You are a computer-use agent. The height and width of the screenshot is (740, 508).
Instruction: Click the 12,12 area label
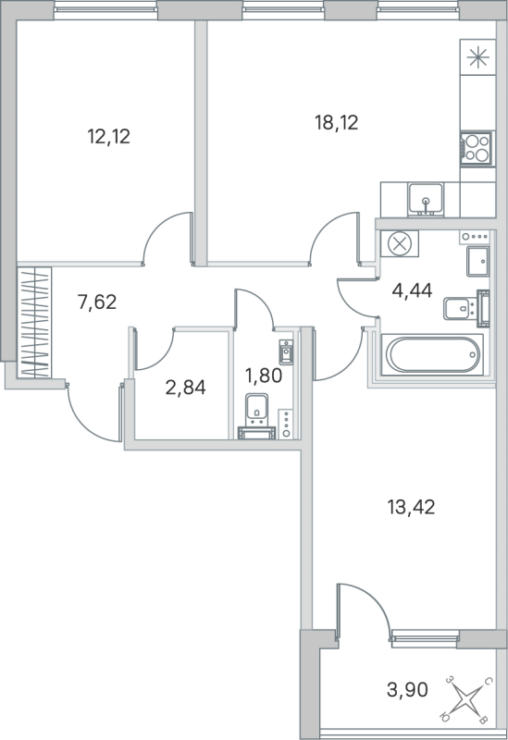[x=108, y=138]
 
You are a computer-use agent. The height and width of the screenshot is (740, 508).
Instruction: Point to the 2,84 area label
[x=184, y=386]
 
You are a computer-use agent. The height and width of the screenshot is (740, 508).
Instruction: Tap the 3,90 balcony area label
[x=408, y=689]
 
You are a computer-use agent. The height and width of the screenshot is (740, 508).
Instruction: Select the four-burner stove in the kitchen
[x=475, y=148]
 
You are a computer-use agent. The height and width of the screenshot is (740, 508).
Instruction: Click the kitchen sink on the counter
[x=427, y=197]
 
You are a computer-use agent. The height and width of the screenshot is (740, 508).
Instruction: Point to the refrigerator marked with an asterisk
[x=477, y=57]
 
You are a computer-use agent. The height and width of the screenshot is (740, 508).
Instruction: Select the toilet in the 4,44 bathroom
[x=459, y=308]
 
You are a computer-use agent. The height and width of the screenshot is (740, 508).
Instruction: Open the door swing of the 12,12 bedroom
[x=167, y=235]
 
